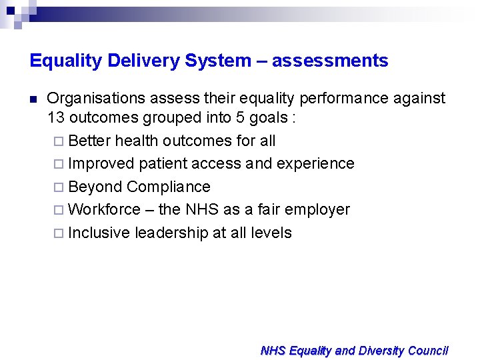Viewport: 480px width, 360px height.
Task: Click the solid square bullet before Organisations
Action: [x=33, y=99]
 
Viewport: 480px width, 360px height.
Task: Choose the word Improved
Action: [x=101, y=163]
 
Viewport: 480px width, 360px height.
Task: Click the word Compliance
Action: [x=169, y=187]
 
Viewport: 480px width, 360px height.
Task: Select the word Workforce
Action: [x=104, y=209]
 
